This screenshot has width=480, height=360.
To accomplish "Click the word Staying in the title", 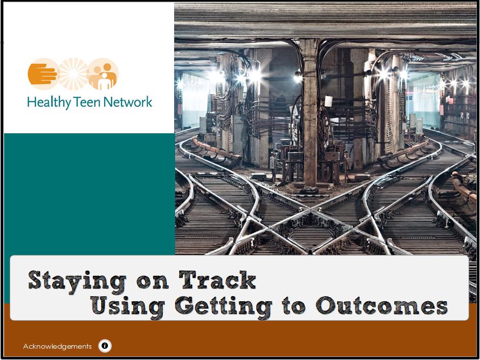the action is (77, 282).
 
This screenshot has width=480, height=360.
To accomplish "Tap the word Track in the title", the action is (218, 280).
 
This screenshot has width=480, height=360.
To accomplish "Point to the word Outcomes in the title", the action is (381, 306).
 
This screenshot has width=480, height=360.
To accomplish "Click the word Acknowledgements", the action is (57, 346).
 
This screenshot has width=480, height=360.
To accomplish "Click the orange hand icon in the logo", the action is (42, 74).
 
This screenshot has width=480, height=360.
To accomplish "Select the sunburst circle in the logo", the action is (73, 74).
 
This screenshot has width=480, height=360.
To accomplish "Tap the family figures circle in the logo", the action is (103, 74).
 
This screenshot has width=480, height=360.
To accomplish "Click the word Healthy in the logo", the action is (49, 103).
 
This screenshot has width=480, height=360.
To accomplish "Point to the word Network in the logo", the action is (128, 102).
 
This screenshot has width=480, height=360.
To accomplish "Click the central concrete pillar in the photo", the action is (310, 113).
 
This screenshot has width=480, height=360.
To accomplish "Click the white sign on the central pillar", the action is (328, 101).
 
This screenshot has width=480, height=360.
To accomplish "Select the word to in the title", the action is (294, 306).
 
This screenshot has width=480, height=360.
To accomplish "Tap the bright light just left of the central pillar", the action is (298, 77).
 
